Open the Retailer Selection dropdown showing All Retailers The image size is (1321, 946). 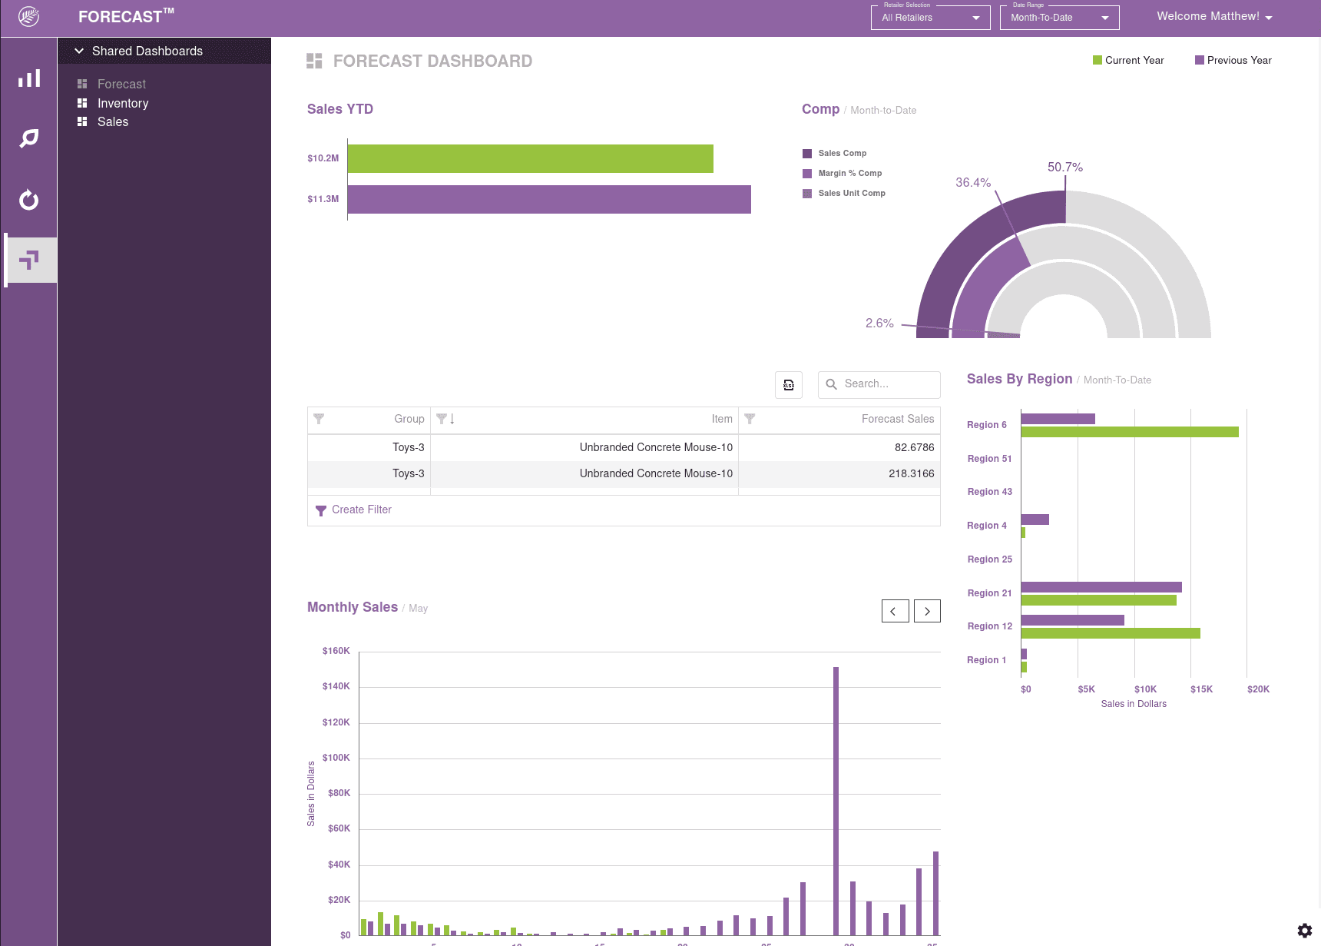click(x=930, y=18)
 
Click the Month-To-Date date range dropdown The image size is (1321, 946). click(x=1059, y=18)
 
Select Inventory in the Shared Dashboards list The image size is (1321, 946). click(x=123, y=103)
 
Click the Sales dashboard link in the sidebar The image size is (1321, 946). click(x=113, y=121)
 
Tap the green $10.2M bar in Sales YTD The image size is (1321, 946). click(x=530, y=158)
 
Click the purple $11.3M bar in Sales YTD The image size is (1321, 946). click(x=549, y=199)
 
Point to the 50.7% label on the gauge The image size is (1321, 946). click(x=1064, y=167)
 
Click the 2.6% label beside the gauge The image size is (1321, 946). click(x=879, y=323)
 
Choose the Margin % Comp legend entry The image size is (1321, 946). click(x=849, y=173)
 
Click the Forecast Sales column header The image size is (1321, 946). click(x=897, y=419)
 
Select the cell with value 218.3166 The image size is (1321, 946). click(x=911, y=473)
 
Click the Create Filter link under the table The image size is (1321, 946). click(x=361, y=510)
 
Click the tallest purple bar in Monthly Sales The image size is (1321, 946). click(x=836, y=799)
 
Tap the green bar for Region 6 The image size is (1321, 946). click(x=1129, y=432)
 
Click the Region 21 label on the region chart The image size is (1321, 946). click(x=989, y=592)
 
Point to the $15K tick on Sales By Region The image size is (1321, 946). click(x=1201, y=689)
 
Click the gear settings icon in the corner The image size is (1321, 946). click(x=1304, y=931)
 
